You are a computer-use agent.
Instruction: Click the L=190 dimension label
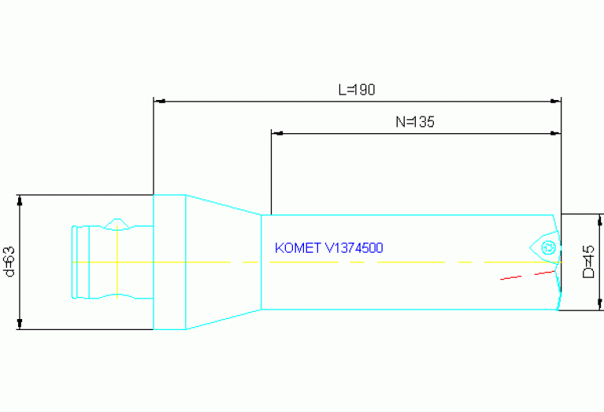point(357,90)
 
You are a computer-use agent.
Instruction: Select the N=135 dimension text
point(415,122)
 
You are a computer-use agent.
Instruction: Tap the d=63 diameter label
point(9,262)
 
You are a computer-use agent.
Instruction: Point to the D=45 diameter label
point(588,262)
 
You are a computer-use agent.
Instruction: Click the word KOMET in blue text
point(298,248)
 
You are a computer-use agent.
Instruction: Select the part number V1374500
point(354,248)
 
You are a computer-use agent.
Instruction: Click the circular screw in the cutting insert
point(548,248)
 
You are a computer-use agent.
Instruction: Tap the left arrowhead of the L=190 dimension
point(160,102)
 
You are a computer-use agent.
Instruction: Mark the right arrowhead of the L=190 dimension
point(555,102)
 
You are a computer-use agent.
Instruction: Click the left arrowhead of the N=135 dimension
point(277,133)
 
